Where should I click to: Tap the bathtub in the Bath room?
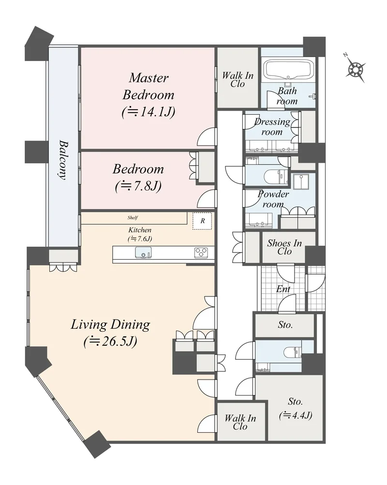[288, 69]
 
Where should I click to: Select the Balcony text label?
[63, 160]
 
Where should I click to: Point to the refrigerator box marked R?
[202, 221]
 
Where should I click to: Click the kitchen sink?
[144, 252]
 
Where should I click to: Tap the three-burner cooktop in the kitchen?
[201, 253]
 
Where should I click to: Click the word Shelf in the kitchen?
[133, 218]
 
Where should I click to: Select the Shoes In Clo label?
[284, 247]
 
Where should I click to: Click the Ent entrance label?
[283, 289]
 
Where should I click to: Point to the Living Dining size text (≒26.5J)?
[110, 342]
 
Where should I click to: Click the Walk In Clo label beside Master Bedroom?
[238, 79]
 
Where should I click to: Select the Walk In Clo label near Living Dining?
[240, 422]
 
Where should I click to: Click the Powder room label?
[273, 199]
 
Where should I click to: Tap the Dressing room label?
[272, 127]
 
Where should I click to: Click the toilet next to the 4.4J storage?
[292, 352]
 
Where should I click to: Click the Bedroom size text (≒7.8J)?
[138, 186]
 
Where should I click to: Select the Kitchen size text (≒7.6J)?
[140, 239]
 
